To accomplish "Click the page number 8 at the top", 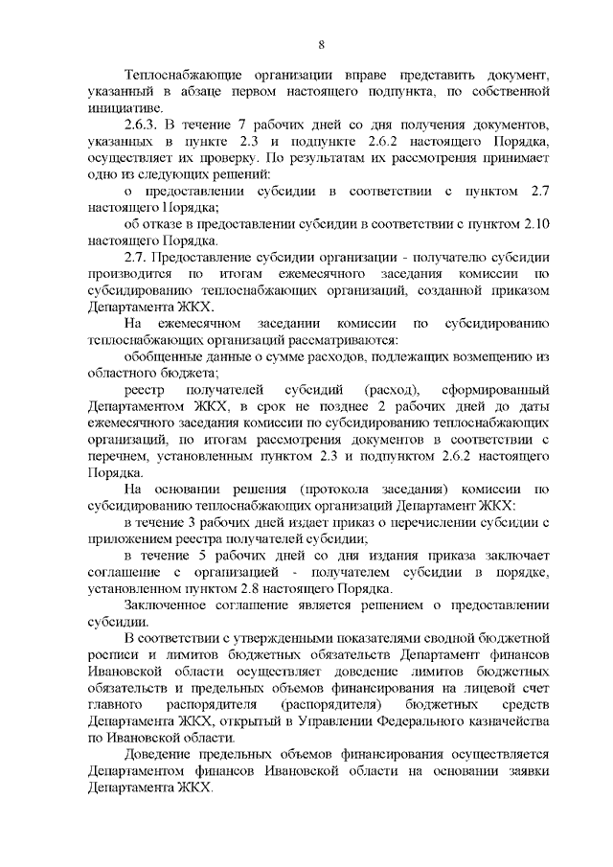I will [x=322, y=43].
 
